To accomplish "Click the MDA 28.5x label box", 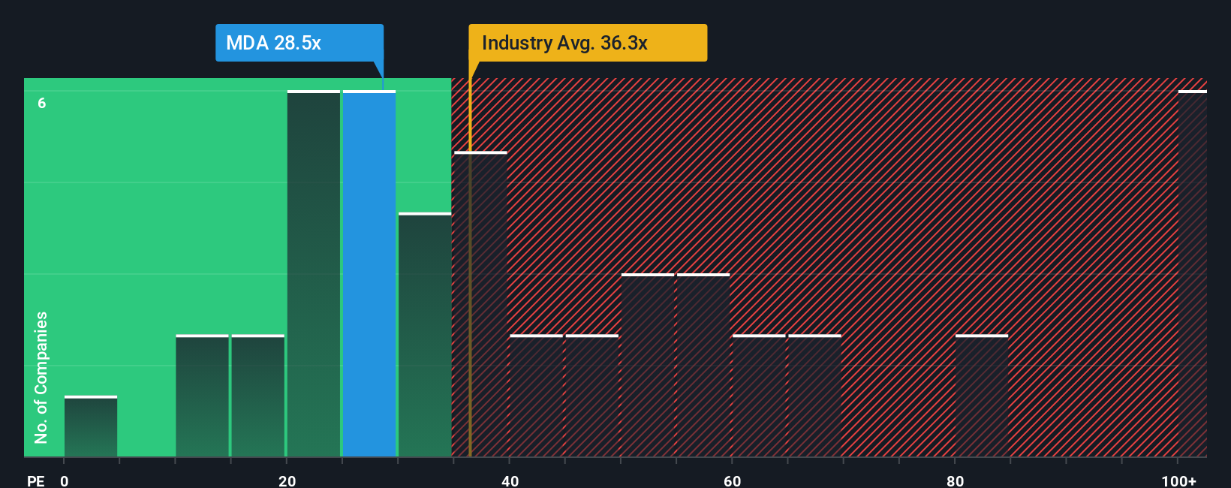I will click(x=299, y=43).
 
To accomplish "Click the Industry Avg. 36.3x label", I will click(x=587, y=43).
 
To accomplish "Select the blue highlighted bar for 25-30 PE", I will click(x=369, y=274).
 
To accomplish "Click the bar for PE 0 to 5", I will click(x=91, y=426).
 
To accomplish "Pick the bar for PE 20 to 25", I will click(x=314, y=274).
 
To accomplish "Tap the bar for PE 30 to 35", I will click(x=425, y=335).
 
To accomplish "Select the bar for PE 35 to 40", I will click(x=480, y=304).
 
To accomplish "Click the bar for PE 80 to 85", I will click(x=981, y=396).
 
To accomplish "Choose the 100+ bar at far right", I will click(x=1192, y=274).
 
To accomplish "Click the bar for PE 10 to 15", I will click(x=202, y=396).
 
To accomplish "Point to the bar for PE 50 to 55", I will click(x=647, y=366).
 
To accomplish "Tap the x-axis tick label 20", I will click(x=287, y=480).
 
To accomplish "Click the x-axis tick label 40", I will click(x=510, y=480).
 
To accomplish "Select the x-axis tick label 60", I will click(x=732, y=480).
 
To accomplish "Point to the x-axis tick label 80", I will click(x=955, y=480).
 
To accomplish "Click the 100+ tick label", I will click(x=1178, y=480).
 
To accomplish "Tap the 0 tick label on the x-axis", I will click(x=65, y=480).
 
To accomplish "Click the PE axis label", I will click(x=35, y=480).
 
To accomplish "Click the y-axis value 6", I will click(x=42, y=103).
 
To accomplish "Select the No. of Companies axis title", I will click(x=41, y=377).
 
